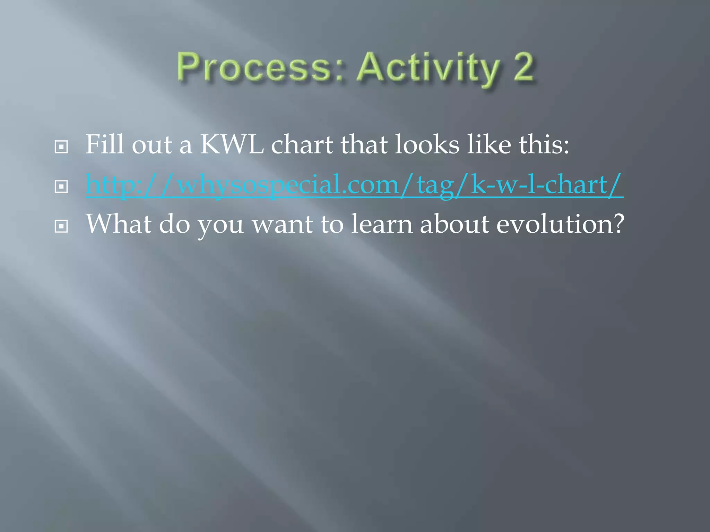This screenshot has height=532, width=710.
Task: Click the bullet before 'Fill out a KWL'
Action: point(61,147)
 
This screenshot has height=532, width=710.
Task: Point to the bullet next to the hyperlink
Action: point(61,187)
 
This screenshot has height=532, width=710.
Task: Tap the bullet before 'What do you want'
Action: point(61,227)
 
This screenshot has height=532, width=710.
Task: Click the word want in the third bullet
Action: point(282,224)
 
